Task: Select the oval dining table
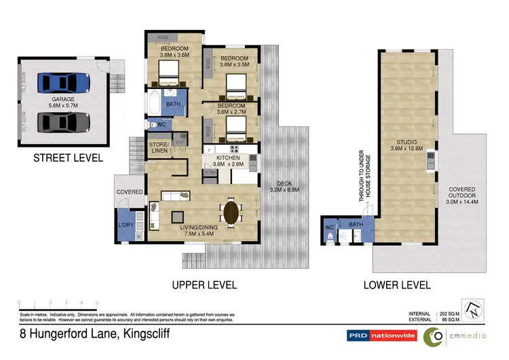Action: tap(231, 212)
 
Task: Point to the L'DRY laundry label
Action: tap(126, 224)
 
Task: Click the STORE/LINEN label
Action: tap(161, 147)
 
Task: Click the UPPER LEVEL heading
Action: tap(204, 285)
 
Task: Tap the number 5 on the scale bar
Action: tap(97, 302)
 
